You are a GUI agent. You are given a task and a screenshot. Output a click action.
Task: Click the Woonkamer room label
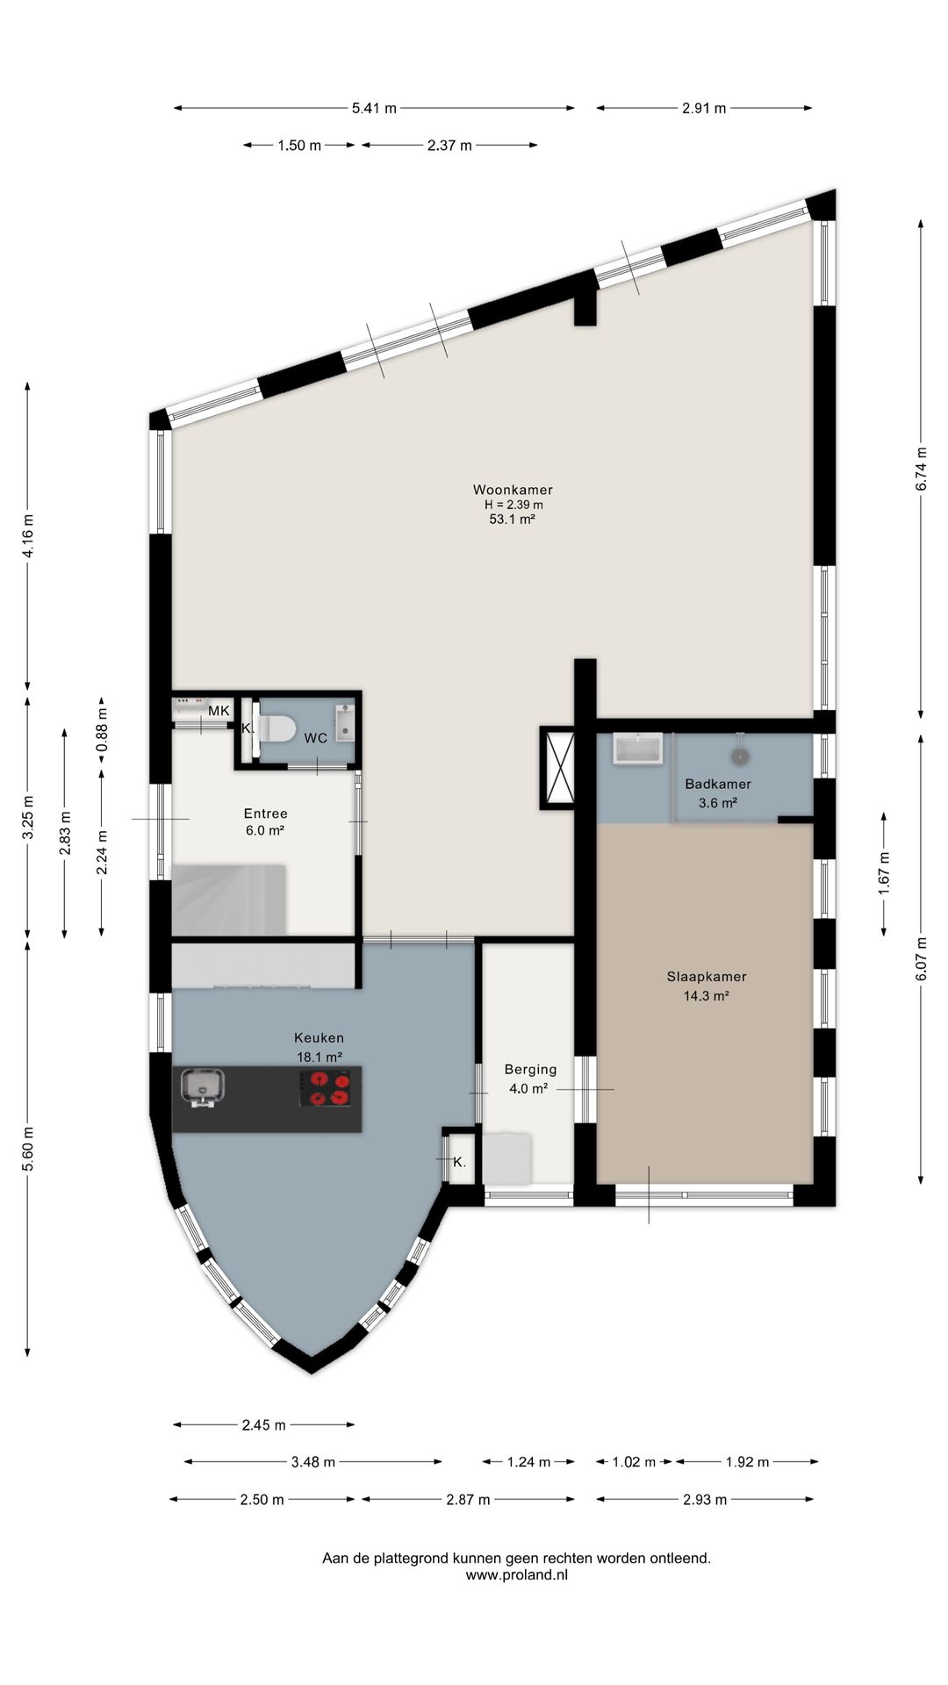(513, 490)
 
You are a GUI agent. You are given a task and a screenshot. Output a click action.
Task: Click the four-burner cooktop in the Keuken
(329, 1088)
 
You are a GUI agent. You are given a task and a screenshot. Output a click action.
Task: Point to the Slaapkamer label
(707, 976)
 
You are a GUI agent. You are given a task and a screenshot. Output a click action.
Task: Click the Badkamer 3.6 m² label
(718, 792)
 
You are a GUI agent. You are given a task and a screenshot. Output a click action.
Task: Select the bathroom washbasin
(638, 749)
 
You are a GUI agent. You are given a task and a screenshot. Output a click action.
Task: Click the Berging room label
(530, 1069)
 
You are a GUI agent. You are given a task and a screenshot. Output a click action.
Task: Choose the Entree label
(265, 814)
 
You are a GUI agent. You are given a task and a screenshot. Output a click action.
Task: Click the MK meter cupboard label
(219, 711)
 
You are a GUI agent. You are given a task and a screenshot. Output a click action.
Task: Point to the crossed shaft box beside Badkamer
(557, 768)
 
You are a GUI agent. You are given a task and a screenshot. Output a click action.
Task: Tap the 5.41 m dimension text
(374, 108)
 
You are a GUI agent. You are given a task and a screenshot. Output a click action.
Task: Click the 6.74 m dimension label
(921, 469)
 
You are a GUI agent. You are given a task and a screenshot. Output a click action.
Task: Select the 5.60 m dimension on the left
(27, 1148)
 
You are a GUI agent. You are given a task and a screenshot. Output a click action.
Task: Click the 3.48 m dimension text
(312, 1462)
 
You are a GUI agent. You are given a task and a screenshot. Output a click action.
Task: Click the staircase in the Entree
(229, 900)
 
